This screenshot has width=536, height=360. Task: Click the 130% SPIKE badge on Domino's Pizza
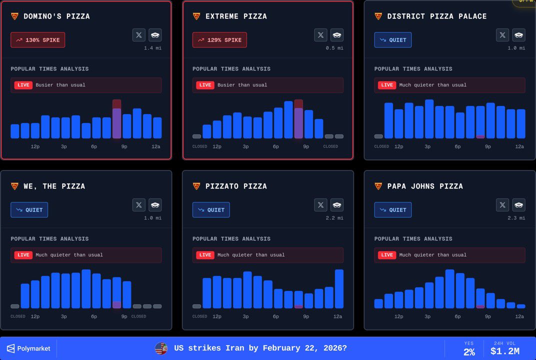[37, 40]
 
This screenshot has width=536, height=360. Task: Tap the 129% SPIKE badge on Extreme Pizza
[219, 40]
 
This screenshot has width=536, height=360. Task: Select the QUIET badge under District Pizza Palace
[393, 40]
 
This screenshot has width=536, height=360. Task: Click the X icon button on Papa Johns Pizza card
[502, 205]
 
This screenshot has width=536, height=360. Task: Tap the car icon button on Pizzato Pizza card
[337, 205]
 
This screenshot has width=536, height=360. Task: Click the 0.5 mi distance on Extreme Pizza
[336, 48]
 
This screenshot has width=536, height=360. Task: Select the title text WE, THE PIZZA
[54, 186]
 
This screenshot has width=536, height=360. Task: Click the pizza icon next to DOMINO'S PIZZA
[14, 16]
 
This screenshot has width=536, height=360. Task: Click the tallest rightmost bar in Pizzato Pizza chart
[339, 289]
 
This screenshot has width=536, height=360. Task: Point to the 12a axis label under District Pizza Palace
[519, 146]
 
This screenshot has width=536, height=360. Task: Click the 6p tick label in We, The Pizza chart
[94, 316]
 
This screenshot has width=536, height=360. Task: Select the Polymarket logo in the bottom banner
[28, 348]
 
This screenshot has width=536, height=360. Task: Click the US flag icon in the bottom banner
[161, 348]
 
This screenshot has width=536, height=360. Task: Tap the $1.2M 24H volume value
[505, 351]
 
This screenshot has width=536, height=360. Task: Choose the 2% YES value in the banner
[469, 352]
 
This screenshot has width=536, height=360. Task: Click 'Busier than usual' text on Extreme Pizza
[242, 85]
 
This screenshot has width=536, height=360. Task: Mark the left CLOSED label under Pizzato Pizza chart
[200, 316]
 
